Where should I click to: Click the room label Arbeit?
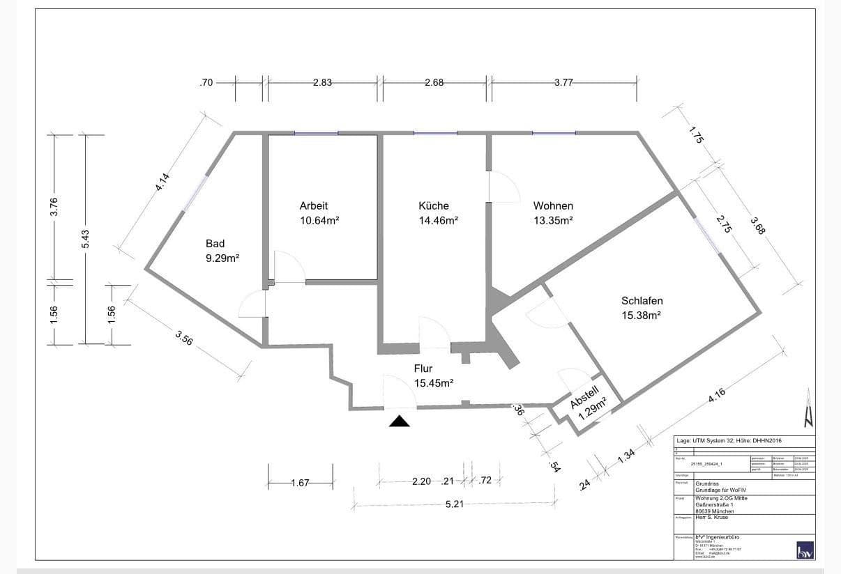313,206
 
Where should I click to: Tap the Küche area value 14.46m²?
438,221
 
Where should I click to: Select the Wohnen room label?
553,206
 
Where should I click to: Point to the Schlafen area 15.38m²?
642,316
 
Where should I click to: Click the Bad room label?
215,244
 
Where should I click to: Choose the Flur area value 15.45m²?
434,383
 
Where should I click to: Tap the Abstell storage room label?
584,396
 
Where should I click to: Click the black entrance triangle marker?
400,420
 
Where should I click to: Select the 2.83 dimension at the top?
322,82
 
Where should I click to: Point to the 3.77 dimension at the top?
563,82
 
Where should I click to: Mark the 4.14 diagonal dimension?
162,182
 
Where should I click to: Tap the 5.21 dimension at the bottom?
454,504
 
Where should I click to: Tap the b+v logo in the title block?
805,550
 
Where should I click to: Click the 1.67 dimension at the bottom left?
300,483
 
